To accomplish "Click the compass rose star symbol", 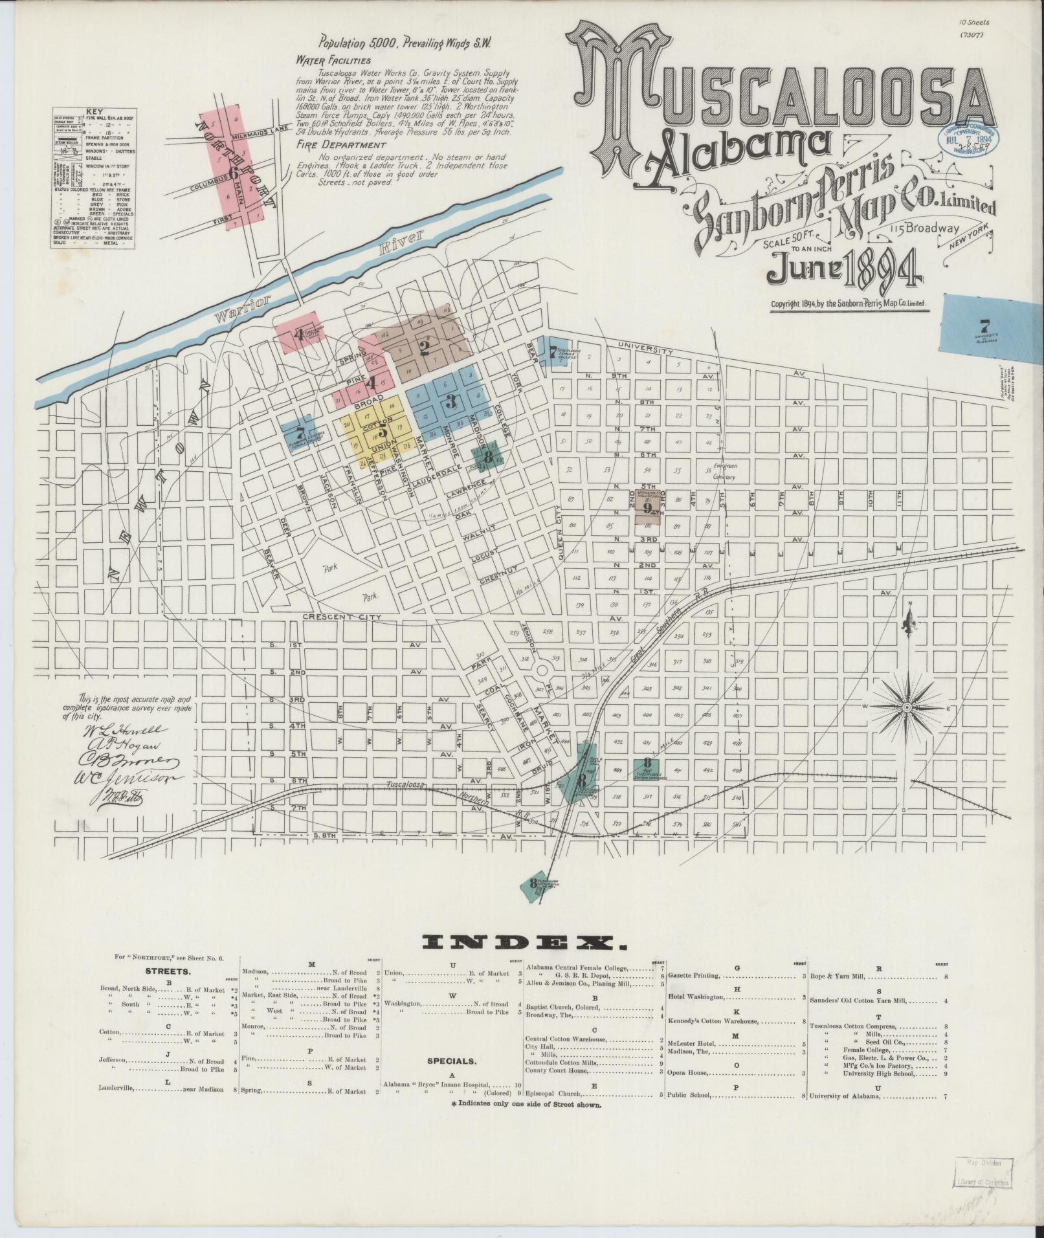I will tap(907, 708).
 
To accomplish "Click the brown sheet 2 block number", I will tap(425, 349).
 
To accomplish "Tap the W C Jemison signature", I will tap(133, 779).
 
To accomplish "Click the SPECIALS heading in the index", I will tap(452, 1061).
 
